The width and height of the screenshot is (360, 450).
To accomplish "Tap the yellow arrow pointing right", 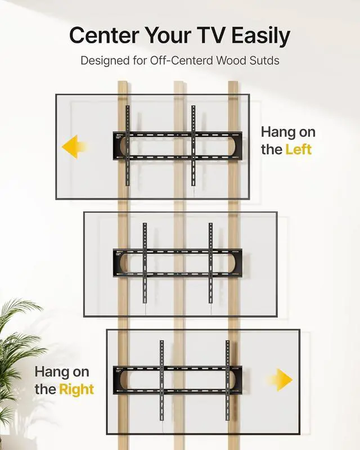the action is pyautogui.click(x=281, y=379).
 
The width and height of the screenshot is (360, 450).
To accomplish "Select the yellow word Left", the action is pyautogui.click(x=298, y=150).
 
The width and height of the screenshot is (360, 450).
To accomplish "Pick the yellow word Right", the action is pyautogui.click(x=76, y=389).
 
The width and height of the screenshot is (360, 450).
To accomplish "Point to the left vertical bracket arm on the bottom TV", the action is pyautogui.click(x=161, y=380).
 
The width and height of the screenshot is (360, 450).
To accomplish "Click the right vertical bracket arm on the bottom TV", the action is pyautogui.click(x=227, y=380).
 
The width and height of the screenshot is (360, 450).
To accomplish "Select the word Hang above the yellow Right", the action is pyautogui.click(x=54, y=372).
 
